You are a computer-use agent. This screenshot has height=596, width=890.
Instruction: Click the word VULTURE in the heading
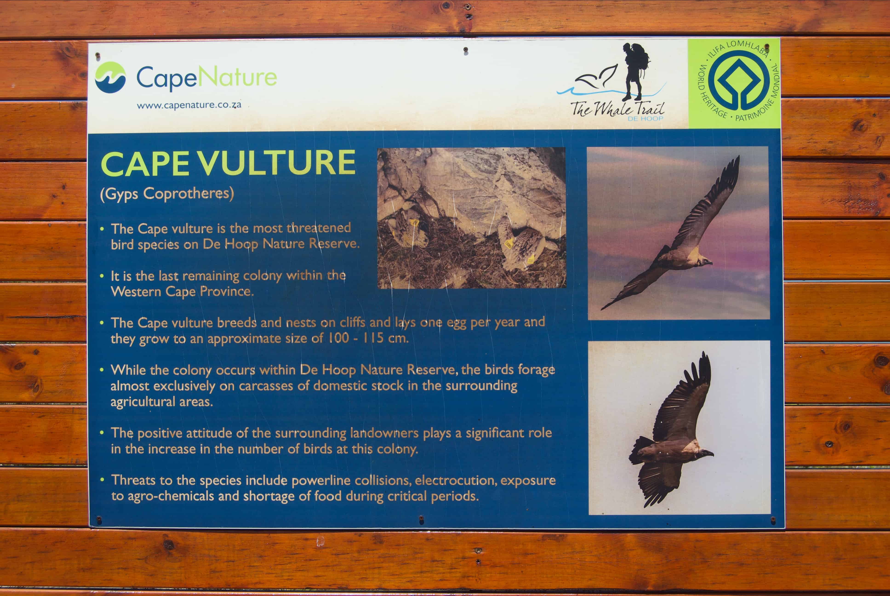click(277, 163)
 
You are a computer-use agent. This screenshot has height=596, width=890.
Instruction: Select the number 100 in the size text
click(338, 338)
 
